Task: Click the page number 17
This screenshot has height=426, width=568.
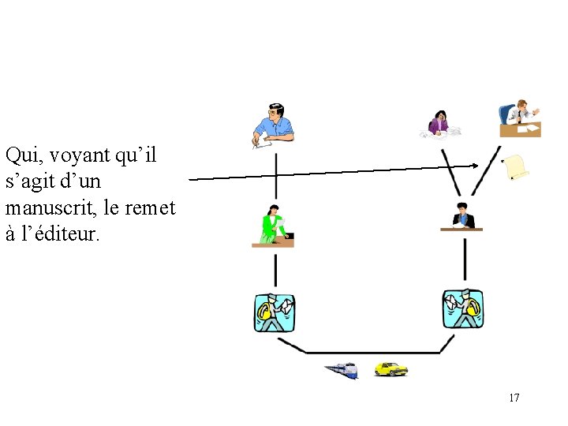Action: point(514,398)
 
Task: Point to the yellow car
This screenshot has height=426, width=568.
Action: point(390,368)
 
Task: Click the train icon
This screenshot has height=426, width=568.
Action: point(341,370)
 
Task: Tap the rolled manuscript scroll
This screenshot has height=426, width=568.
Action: point(516,166)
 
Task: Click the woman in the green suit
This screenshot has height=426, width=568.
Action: point(273,226)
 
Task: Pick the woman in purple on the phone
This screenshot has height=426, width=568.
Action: point(438,123)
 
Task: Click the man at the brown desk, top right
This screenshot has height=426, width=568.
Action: point(520,119)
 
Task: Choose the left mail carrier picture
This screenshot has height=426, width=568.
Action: point(275,312)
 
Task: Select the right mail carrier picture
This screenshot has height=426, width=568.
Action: point(463,309)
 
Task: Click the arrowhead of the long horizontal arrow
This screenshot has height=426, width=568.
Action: point(475,165)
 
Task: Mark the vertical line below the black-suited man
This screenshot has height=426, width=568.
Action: point(464,259)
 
